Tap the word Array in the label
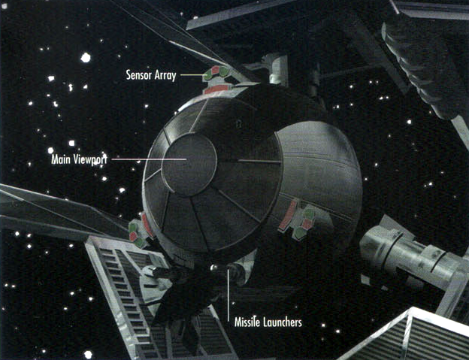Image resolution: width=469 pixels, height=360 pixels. click(164, 76)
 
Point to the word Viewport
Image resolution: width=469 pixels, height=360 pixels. click(92, 160)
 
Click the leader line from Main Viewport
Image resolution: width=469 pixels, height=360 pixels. click(150, 159)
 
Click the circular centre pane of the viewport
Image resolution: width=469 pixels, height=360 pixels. click(189, 162)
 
